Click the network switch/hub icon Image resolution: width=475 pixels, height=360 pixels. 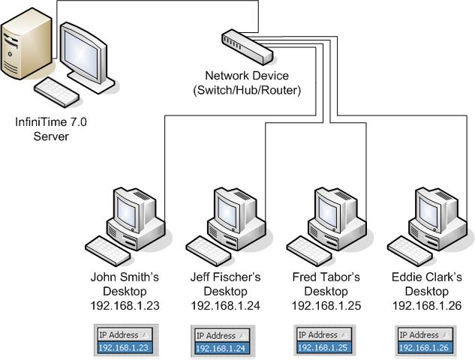245,46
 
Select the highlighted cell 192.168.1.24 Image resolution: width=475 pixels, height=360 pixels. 223,347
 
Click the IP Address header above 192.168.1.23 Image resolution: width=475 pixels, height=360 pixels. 120,334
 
